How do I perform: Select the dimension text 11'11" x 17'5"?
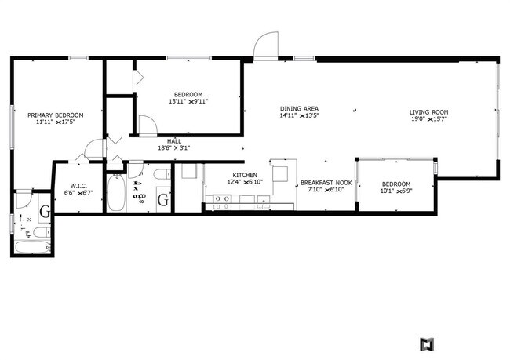(54, 122)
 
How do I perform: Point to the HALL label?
(173, 140)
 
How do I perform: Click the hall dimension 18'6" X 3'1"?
(173, 148)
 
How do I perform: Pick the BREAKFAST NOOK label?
(325, 183)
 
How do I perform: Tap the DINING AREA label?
(299, 108)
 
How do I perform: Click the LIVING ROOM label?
(428, 112)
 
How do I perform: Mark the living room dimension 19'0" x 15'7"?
(428, 120)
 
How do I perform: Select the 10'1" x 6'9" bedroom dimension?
(396, 191)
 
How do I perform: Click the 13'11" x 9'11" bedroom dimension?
(188, 101)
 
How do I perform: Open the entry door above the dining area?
(267, 44)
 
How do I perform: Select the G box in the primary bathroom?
(44, 210)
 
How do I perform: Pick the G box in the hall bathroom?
(163, 201)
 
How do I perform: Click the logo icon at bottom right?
(427, 344)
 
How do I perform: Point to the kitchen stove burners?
(223, 199)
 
